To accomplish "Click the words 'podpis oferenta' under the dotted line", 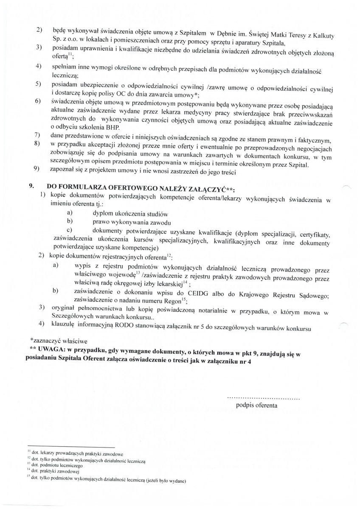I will click(256, 405).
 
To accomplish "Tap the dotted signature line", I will click(263, 398).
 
